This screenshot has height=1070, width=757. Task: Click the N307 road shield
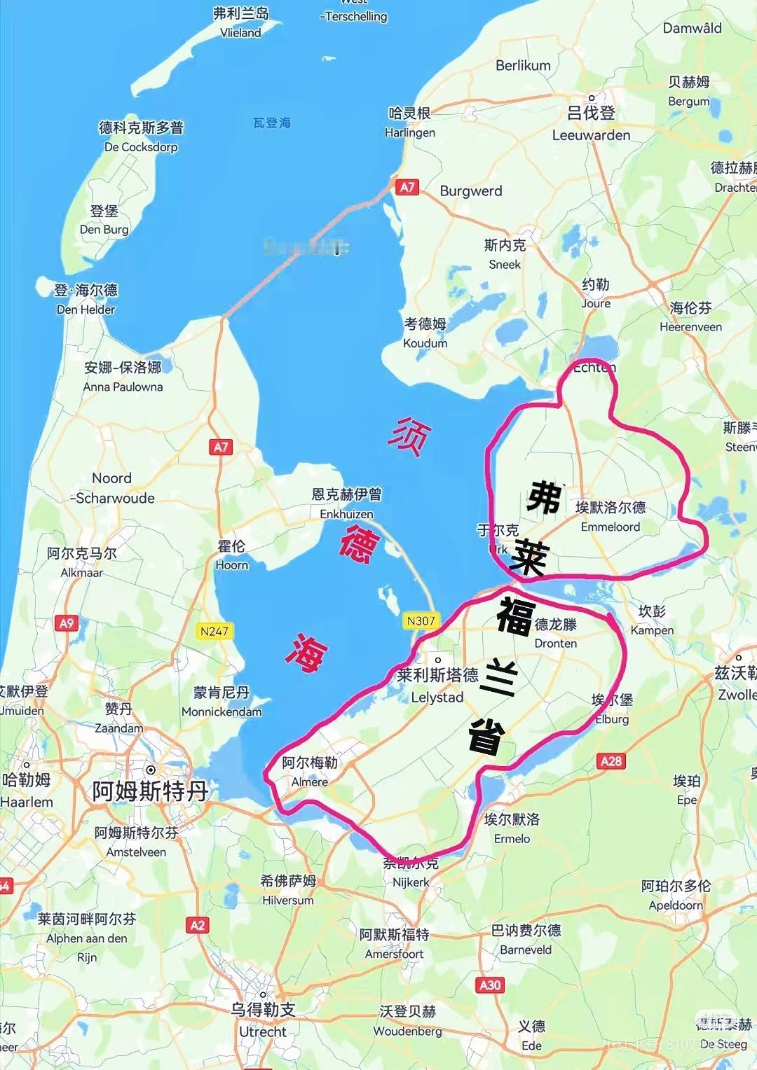click(421, 620)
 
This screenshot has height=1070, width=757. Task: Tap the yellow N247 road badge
click(214, 631)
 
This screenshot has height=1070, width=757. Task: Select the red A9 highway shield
click(67, 623)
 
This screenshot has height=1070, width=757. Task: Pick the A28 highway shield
click(611, 760)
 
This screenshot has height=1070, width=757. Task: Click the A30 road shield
click(490, 985)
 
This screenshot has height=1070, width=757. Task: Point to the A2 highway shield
click(198, 925)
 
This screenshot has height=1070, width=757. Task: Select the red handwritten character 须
click(409, 437)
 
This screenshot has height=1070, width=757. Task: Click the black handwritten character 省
click(486, 735)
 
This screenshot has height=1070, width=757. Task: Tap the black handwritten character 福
click(516, 616)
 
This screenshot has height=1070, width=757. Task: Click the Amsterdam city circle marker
click(150, 770)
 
